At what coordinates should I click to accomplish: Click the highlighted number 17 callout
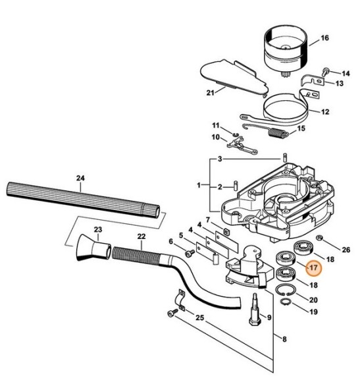pos(313,268)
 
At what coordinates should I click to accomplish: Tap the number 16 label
pos(324,39)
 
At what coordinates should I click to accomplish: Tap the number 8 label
pos(284,340)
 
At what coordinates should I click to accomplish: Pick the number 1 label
pos(200,186)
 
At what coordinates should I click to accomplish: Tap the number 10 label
pos(215,137)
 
